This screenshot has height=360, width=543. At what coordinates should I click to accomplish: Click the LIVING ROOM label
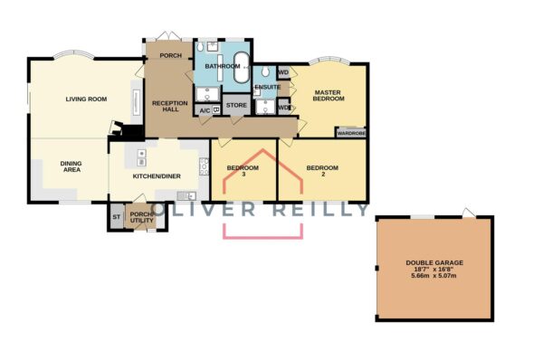[86, 99]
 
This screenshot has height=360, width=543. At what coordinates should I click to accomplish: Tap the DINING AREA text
[71, 166]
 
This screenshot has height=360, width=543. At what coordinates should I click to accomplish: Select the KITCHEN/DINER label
[157, 176]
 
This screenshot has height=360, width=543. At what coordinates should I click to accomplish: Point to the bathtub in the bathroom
[241, 68]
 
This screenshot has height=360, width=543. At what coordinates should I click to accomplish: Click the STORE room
[236, 105]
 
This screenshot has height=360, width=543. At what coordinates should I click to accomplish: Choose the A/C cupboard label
[205, 110]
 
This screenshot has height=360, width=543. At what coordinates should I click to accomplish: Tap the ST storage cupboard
[117, 217]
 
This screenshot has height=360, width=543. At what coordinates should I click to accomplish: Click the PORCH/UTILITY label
[141, 217]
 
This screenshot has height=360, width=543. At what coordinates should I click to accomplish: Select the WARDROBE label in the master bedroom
[351, 133]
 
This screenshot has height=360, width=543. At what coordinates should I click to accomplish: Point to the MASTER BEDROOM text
[329, 96]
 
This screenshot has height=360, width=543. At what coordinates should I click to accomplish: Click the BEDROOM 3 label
[243, 171]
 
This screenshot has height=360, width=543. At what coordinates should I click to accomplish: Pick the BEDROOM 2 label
[322, 171]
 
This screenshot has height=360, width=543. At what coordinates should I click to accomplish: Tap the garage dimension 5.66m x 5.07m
[433, 276]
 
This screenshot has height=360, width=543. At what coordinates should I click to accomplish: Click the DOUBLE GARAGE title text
[434, 263]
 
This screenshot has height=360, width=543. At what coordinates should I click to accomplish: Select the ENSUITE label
[267, 87]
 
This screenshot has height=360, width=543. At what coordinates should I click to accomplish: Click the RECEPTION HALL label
[170, 106]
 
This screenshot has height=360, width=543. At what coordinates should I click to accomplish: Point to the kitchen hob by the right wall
[204, 166]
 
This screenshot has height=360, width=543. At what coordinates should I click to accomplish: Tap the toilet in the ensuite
[265, 71]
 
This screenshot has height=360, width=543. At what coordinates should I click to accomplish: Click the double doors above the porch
[168, 36]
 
